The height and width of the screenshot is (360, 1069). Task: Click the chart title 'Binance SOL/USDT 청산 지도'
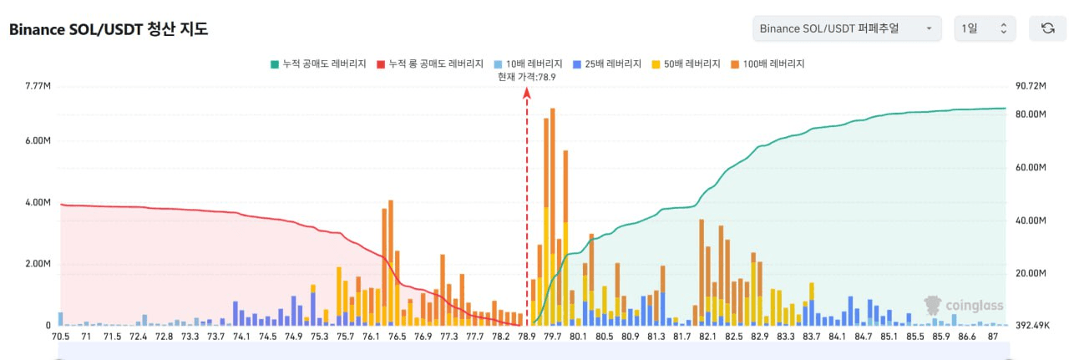pyautogui.click(x=109, y=29)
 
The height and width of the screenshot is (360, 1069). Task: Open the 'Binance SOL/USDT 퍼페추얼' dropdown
pyautogui.click(x=846, y=28)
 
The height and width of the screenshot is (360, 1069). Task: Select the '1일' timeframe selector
pyautogui.click(x=985, y=28)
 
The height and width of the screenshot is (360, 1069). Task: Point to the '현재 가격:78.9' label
pyautogui.click(x=526, y=76)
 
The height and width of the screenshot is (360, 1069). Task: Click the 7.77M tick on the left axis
pyautogui.click(x=38, y=86)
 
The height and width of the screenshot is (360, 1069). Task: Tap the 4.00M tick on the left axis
pyautogui.click(x=38, y=203)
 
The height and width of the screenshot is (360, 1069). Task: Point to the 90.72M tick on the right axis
pyautogui.click(x=1031, y=86)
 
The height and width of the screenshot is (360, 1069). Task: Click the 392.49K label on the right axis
pyautogui.click(x=1031, y=326)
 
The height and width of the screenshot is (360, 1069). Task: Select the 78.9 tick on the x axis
pyautogui.click(x=527, y=337)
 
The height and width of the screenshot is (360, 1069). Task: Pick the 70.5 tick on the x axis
pyautogui.click(x=60, y=337)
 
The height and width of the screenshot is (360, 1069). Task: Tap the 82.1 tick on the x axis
pyautogui.click(x=708, y=337)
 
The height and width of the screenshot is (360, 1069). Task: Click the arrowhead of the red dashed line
pyautogui.click(x=527, y=94)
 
